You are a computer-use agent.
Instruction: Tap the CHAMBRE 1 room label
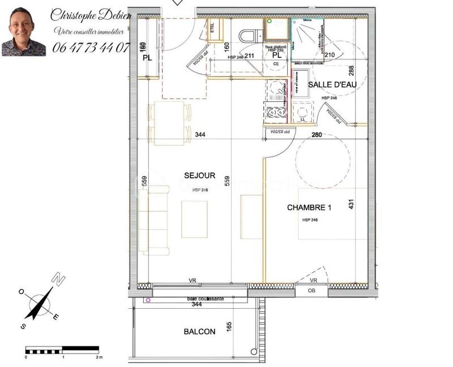(309, 208)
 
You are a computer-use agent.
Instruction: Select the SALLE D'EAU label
(332, 85)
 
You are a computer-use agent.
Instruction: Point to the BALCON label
(199, 332)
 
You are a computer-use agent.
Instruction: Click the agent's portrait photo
(24, 32)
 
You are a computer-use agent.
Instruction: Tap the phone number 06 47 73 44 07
(91, 48)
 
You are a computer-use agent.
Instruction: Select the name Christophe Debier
(91, 15)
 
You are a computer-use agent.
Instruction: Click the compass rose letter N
(58, 279)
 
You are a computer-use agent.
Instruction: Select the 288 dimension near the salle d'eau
(351, 71)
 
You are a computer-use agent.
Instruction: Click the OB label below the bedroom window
(311, 291)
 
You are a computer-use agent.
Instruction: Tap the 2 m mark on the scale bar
(99, 357)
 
